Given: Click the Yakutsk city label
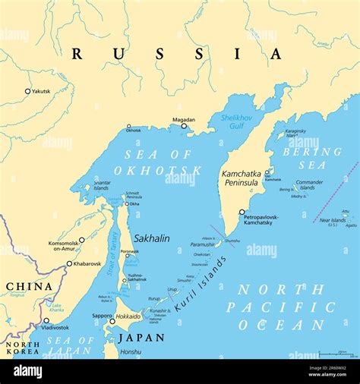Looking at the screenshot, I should tap(41, 91).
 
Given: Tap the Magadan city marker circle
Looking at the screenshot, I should tap(184, 126).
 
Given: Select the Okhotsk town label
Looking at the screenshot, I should tap(134, 131).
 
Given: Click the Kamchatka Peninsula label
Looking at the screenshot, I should tap(241, 178).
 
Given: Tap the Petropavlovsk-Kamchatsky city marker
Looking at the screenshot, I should tap(242, 212).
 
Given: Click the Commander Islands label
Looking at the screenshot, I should tap(309, 185).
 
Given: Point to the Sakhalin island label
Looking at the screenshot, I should tap(151, 238).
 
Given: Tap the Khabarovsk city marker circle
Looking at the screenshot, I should tap(69, 264).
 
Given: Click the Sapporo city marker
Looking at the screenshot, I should tap(112, 321).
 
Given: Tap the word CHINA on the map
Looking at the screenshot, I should tap(29, 287).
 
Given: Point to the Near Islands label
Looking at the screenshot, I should tap(333, 221).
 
